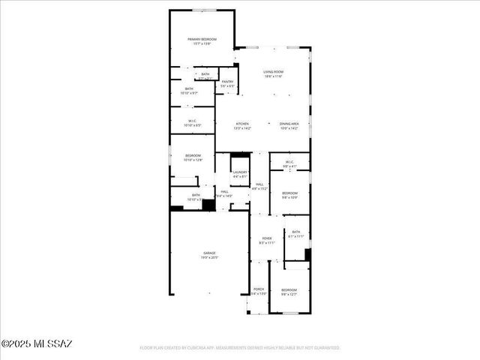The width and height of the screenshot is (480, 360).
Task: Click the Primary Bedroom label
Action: (x=202, y=39)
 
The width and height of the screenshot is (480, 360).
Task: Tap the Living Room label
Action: (x=272, y=72)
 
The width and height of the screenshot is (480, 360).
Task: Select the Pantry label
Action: (x=227, y=82)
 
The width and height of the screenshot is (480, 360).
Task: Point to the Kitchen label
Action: (x=242, y=124)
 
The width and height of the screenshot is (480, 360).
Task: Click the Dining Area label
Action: (x=289, y=124)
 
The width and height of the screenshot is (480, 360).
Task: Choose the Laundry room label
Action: (x=240, y=173)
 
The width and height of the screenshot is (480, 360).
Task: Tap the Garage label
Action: (x=208, y=253)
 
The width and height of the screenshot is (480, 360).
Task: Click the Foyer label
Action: (x=266, y=238)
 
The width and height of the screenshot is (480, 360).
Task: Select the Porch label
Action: (x=258, y=289)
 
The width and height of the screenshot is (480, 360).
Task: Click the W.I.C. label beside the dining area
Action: (x=289, y=162)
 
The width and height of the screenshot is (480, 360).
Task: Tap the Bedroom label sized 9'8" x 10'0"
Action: (x=289, y=193)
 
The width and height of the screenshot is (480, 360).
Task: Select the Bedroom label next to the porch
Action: (x=289, y=289)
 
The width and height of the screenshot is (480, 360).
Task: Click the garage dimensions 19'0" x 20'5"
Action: (x=208, y=258)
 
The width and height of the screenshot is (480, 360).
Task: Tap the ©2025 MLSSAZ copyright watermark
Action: (x=37, y=344)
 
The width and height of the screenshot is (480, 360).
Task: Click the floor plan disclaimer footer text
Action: (x=240, y=348)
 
